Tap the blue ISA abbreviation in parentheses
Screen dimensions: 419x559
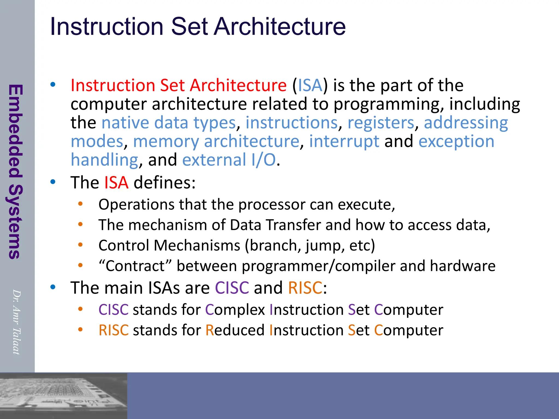(x=310, y=85)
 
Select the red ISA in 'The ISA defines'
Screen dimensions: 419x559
(x=116, y=182)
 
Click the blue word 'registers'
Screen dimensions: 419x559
(x=381, y=123)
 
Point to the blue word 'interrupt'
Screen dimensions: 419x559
(x=344, y=141)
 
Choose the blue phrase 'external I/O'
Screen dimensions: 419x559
(x=229, y=160)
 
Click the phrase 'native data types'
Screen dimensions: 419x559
(x=168, y=123)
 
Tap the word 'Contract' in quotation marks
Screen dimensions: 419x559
(x=135, y=266)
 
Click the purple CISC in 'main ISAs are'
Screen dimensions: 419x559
(x=232, y=288)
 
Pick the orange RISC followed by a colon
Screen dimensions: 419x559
(x=305, y=288)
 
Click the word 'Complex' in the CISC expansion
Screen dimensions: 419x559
(x=235, y=310)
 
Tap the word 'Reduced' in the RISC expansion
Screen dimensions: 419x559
(x=235, y=330)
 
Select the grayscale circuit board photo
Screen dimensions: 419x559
(x=63, y=396)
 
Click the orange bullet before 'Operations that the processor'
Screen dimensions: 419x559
(x=80, y=204)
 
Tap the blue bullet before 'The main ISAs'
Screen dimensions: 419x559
(x=53, y=287)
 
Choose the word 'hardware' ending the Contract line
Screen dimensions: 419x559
(x=462, y=266)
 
